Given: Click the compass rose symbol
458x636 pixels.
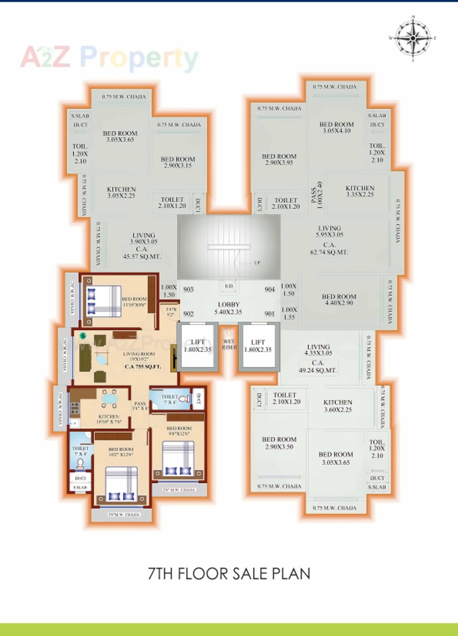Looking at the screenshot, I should pyautogui.click(x=413, y=38).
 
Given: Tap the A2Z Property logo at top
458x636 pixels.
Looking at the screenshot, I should pyautogui.click(x=109, y=57).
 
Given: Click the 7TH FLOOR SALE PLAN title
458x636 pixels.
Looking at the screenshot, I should pyautogui.click(x=229, y=573).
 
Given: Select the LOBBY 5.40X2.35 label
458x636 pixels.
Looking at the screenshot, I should pyautogui.click(x=228, y=308).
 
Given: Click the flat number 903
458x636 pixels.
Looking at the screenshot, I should pyautogui.click(x=188, y=290).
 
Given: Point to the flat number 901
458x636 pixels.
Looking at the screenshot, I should pyautogui.click(x=269, y=314).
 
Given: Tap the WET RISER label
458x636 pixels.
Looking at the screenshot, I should pyautogui.click(x=229, y=344).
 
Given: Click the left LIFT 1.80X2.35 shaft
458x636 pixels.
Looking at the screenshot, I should pyautogui.click(x=198, y=346).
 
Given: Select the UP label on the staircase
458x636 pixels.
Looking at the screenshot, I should pyautogui.click(x=257, y=263).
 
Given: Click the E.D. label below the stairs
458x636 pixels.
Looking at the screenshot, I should pyautogui.click(x=229, y=286).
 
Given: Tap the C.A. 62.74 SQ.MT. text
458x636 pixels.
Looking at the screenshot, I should pyautogui.click(x=329, y=249).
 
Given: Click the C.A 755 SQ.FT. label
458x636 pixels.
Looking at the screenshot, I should pyautogui.click(x=143, y=366).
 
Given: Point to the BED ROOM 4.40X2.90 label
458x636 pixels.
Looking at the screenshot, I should pyautogui.click(x=339, y=300).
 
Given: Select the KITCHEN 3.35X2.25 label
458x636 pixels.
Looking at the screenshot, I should pyautogui.click(x=360, y=191).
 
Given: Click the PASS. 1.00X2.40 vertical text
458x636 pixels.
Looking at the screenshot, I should pyautogui.click(x=317, y=195).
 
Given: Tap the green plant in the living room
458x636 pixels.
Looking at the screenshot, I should pyautogui.click(x=83, y=335).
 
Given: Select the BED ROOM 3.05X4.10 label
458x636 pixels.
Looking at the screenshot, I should pyautogui.click(x=336, y=127).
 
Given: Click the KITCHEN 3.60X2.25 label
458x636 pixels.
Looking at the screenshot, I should pyautogui.click(x=338, y=406).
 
